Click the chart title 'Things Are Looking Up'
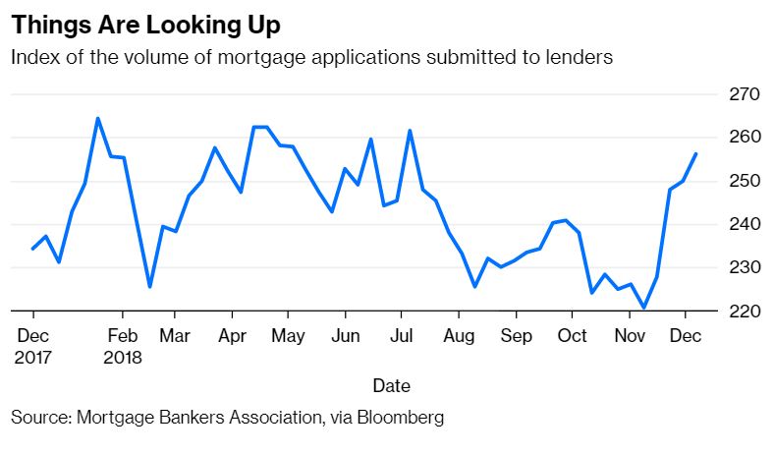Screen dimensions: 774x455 click(145, 25)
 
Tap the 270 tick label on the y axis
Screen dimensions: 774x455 click(744, 94)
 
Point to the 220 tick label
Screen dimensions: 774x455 click(744, 311)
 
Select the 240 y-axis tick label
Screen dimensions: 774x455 click(744, 224)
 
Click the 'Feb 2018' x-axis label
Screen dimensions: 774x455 click(123, 346)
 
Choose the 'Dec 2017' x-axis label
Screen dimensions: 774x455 click(32, 346)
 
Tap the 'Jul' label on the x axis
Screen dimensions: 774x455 click(402, 336)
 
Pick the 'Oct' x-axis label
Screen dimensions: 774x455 click(572, 336)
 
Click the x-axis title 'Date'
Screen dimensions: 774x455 click(392, 385)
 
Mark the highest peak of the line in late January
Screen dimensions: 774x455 click(98, 118)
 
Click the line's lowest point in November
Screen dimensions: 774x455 click(643, 308)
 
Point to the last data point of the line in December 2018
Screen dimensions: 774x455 click(696, 153)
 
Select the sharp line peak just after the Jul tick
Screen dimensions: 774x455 click(410, 131)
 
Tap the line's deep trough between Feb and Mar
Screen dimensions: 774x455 click(149, 287)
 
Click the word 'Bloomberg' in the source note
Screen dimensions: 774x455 click(401, 418)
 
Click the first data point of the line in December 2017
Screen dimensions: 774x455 click(33, 249)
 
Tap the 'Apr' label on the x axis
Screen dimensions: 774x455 click(232, 336)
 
